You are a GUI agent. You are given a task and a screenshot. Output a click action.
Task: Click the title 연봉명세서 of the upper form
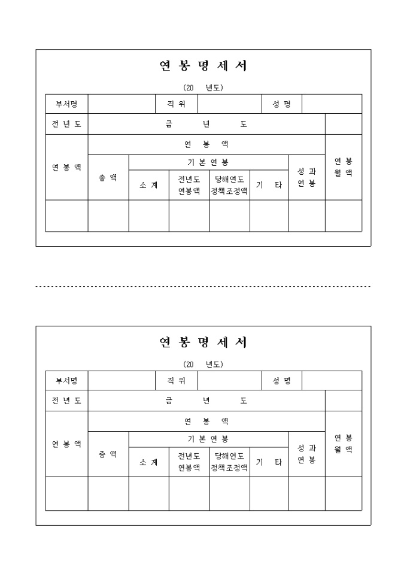tap(203, 66)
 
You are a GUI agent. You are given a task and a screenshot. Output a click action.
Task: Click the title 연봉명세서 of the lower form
tap(203, 342)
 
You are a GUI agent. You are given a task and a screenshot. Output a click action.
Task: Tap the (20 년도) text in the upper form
tap(203, 87)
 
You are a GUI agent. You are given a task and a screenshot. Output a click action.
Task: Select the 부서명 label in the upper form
tap(66, 104)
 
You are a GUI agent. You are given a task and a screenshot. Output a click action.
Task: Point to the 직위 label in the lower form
tap(177, 380)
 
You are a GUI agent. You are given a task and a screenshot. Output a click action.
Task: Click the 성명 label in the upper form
tap(282, 104)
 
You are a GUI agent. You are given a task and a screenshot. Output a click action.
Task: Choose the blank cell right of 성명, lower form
tap(332, 380)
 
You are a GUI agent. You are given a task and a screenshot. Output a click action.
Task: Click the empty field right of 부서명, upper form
tap(122, 104)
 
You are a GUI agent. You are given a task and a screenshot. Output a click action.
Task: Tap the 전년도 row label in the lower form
tap(66, 401)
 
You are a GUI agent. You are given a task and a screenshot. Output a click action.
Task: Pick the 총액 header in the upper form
tap(108, 177)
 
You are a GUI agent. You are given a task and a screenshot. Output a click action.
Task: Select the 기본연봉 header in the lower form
tap(208, 439)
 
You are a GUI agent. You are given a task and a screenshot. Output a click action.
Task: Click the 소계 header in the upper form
tap(148, 185)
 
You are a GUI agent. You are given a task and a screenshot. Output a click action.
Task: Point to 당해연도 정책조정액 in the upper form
tap(229, 185)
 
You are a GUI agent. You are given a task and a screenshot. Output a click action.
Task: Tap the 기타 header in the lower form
tap(269, 462)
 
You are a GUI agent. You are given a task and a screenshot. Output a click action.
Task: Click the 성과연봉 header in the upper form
tap(306, 177)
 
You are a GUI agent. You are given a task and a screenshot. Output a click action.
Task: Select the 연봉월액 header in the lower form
tap(344, 444)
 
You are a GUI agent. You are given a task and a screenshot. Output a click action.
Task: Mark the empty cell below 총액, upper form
tap(108, 216)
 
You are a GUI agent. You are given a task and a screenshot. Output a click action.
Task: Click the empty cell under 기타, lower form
tap(269, 493)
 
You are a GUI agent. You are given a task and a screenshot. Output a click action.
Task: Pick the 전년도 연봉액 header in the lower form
tap(189, 462)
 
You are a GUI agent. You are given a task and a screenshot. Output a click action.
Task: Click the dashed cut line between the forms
tap(203, 287)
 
